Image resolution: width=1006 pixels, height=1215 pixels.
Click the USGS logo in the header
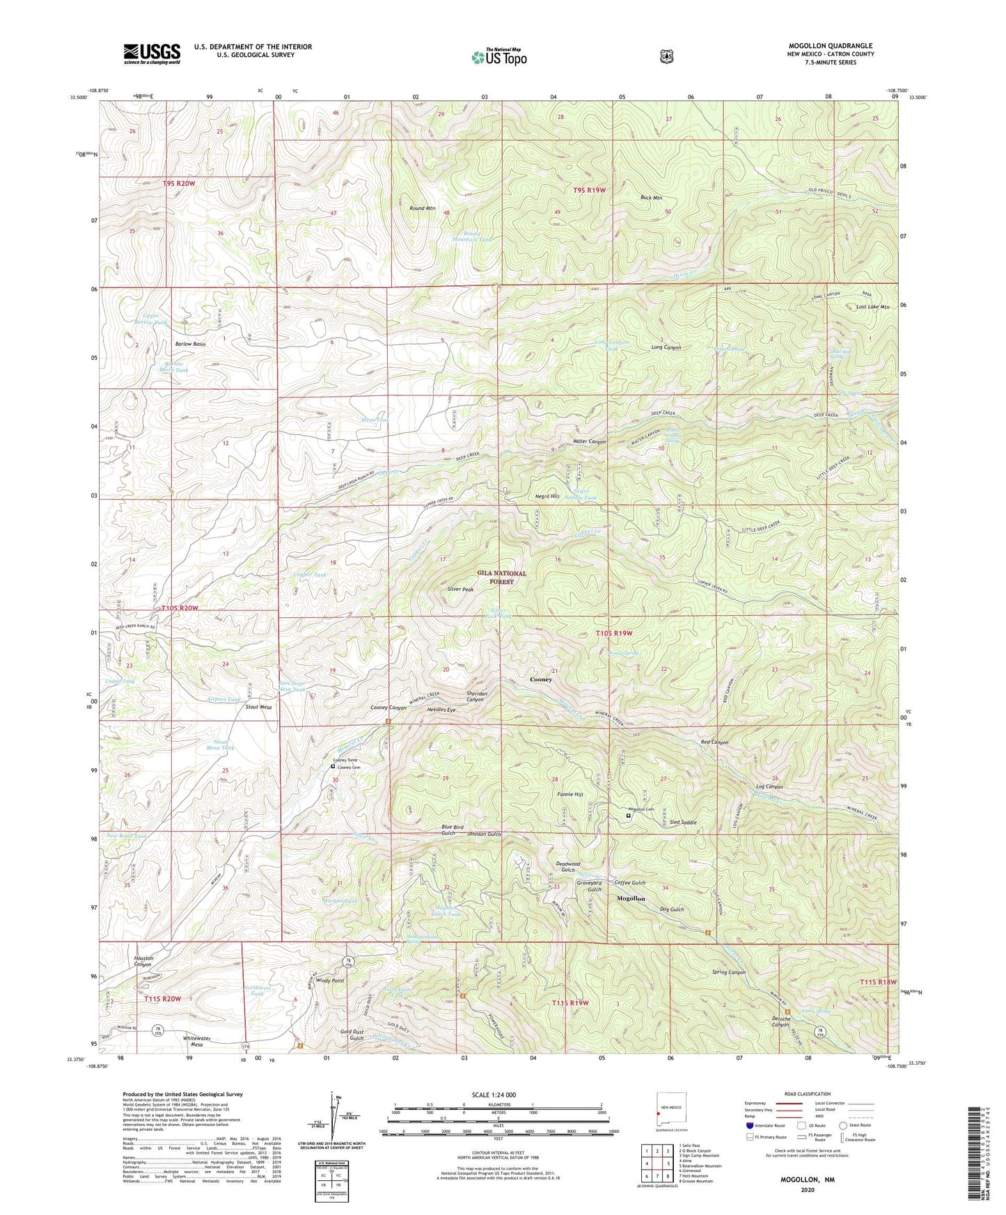click(x=152, y=53)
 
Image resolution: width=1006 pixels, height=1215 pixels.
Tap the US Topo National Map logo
click(x=498, y=56)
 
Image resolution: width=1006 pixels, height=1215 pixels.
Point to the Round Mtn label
click(x=422, y=208)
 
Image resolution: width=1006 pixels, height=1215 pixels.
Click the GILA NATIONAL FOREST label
click(x=501, y=577)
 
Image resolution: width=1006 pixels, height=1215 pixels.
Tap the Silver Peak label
click(x=460, y=589)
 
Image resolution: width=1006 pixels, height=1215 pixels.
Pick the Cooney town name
click(x=541, y=679)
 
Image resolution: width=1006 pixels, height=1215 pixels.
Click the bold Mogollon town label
click(x=631, y=898)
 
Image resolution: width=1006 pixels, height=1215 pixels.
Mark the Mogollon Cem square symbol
click(x=629, y=811)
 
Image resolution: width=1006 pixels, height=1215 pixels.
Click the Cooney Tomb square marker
click(x=333, y=766)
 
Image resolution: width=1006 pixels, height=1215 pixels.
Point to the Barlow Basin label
click(x=189, y=344)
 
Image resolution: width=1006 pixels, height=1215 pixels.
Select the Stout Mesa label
click(x=258, y=707)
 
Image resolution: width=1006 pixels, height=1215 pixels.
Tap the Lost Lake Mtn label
click(x=872, y=307)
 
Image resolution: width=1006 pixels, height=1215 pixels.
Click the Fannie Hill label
click(x=570, y=794)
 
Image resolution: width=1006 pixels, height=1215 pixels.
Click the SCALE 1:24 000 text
click(x=494, y=1095)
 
